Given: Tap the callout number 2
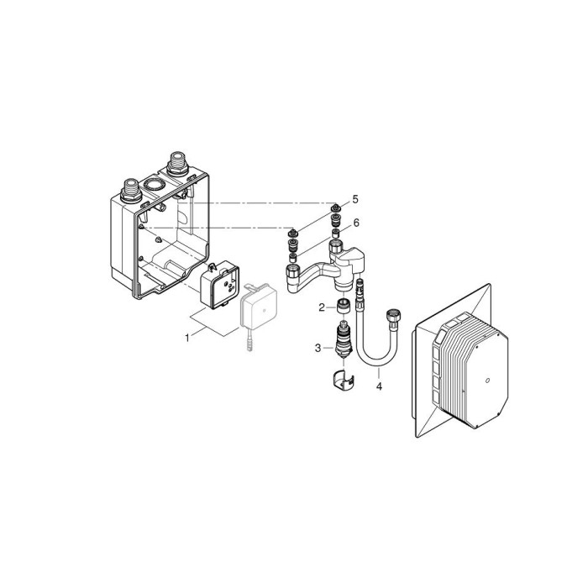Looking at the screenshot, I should pyautogui.click(x=321, y=307).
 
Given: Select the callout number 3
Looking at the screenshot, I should pyautogui.click(x=318, y=348).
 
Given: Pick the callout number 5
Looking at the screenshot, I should pyautogui.click(x=354, y=199).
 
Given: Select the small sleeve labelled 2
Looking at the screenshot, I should pyautogui.click(x=342, y=306).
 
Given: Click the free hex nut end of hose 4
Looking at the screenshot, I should pyautogui.click(x=391, y=318).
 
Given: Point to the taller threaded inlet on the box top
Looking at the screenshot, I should pyautogui.click(x=178, y=162).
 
